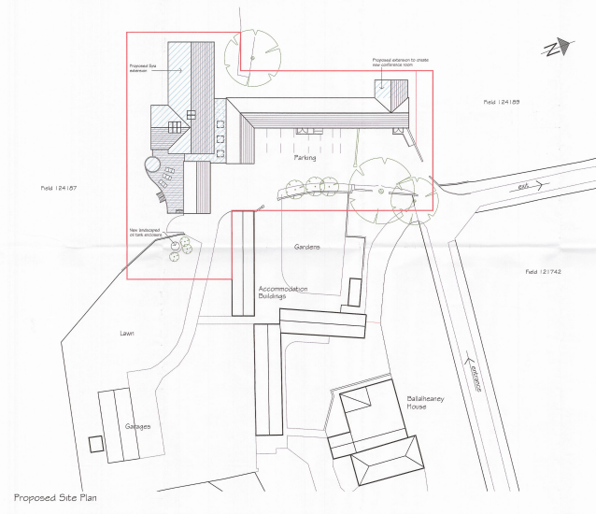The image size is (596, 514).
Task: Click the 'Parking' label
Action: click(305, 158)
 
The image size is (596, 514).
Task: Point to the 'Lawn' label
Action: click(127, 333)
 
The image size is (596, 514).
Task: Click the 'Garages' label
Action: click(138, 426)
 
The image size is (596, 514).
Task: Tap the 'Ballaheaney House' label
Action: click(427, 403)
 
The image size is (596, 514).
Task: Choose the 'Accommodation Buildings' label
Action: click(284, 292)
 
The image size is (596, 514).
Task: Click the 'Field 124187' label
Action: click(58, 189)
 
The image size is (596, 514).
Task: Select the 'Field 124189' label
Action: click(501, 100)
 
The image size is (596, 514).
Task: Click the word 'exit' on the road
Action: click(525, 188)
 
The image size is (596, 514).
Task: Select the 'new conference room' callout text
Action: click(399, 63)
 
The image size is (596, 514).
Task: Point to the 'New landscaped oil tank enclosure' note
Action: click(145, 234)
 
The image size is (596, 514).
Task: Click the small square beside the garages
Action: click(94, 443)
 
